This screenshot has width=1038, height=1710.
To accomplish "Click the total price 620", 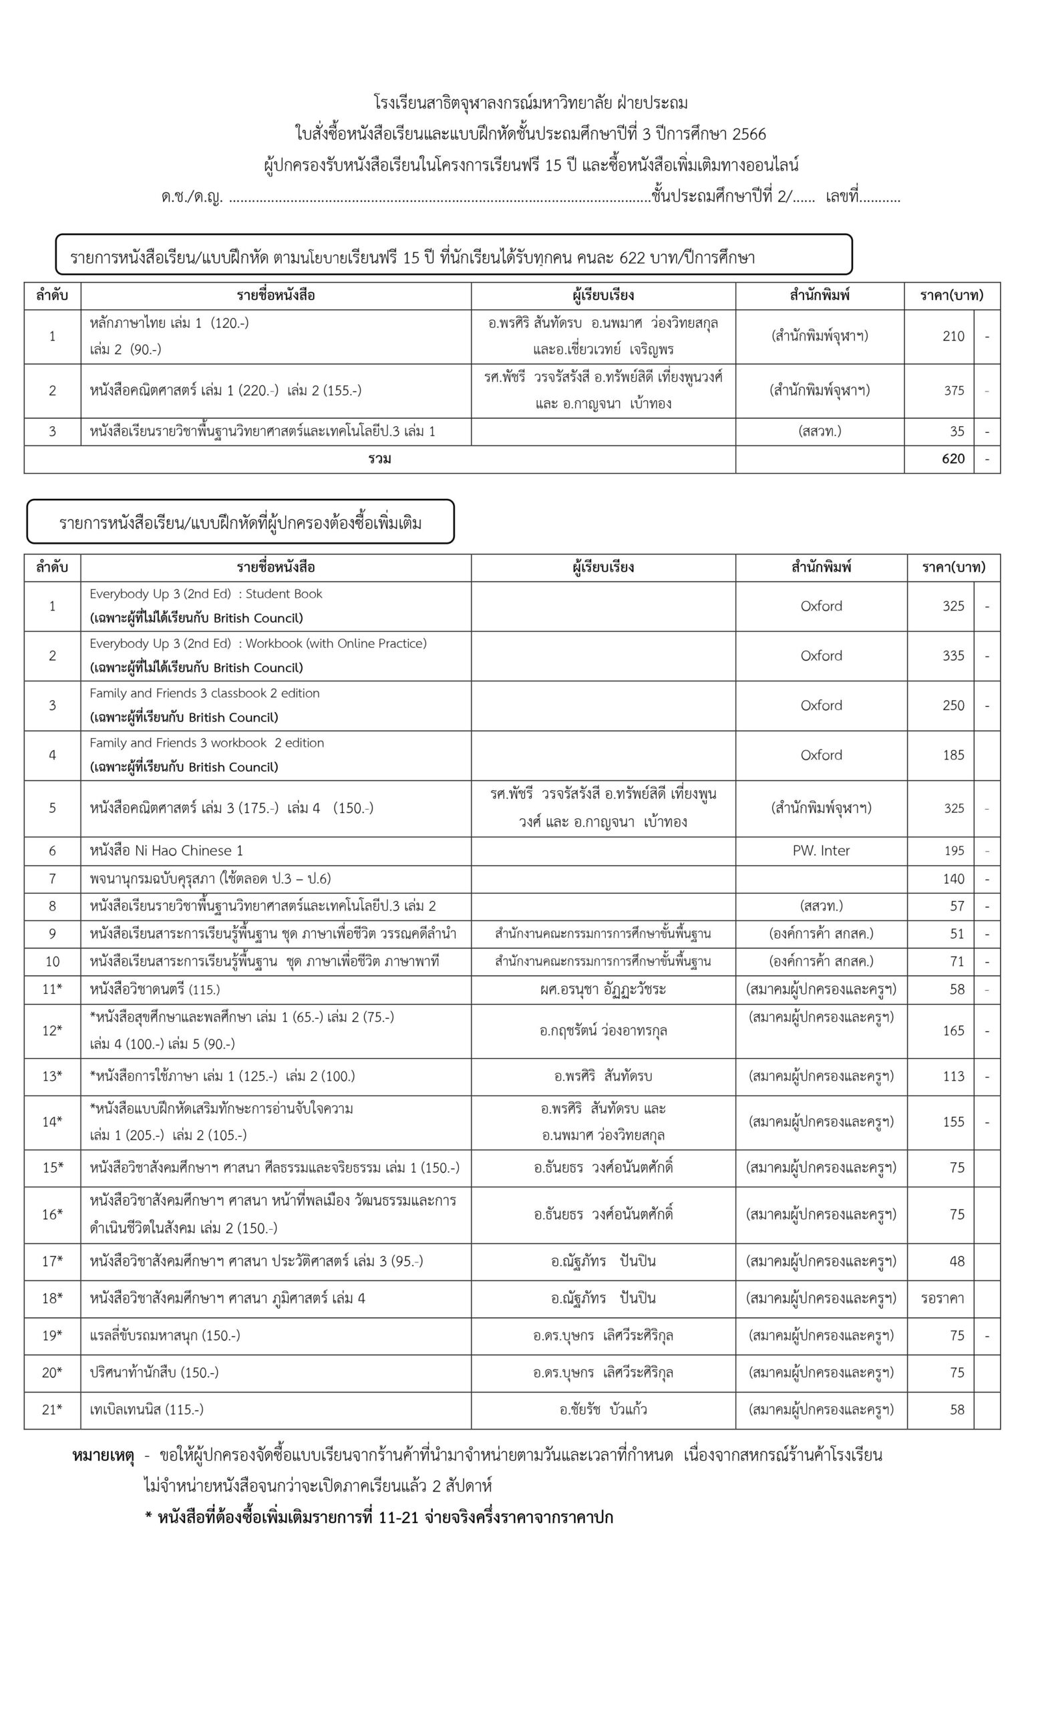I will (953, 459).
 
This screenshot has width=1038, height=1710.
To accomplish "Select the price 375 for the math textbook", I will (953, 391).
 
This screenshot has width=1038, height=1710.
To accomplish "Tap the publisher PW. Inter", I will (821, 851).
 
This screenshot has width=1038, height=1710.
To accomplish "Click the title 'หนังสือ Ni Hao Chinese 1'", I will (166, 851).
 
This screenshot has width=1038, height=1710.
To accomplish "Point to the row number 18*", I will (52, 1299).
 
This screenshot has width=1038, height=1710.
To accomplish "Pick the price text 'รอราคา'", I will (942, 1299).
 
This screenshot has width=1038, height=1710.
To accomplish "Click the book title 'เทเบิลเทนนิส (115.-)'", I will (146, 1409).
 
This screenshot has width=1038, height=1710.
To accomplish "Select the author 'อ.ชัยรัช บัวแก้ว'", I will (603, 1409).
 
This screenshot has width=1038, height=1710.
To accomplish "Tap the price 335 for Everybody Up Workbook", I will (953, 656).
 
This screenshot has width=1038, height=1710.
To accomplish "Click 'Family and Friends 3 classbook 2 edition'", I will (204, 693).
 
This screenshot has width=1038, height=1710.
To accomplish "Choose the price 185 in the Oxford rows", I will (953, 755).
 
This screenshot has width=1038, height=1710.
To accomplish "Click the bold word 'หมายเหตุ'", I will (103, 1456).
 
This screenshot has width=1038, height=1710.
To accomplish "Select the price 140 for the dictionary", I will (953, 879).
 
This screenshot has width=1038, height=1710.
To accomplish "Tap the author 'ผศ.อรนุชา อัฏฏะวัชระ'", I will (603, 990).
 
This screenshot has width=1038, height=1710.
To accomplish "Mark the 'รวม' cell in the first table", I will (379, 459).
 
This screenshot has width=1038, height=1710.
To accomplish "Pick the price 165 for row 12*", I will (953, 1031).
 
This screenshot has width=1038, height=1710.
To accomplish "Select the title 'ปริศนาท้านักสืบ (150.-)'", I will (154, 1373).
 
